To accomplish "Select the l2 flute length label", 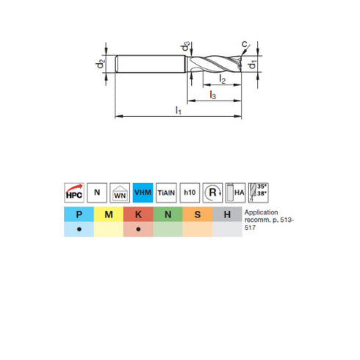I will pyautogui.click(x=223, y=80).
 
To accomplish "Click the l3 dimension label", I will pyautogui.click(x=212, y=95).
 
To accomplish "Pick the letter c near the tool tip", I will pyautogui.click(x=244, y=42).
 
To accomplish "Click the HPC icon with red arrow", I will pyautogui.click(x=73, y=192).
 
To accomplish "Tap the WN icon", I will pyautogui.click(x=120, y=192).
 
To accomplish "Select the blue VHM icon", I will pyautogui.click(x=143, y=192).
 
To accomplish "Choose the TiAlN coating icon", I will pyautogui.click(x=166, y=192).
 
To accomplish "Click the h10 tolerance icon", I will pyautogui.click(x=190, y=192).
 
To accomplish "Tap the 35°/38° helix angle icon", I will pyautogui.click(x=259, y=192).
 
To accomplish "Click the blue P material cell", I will pyautogui.click(x=79, y=215).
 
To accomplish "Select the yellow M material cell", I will pyautogui.click(x=108, y=215).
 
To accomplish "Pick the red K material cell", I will pyautogui.click(x=138, y=215).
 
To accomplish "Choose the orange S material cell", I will pyautogui.click(x=197, y=215).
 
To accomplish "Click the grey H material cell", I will pyautogui.click(x=226, y=215).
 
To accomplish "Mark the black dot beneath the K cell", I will pyautogui.click(x=138, y=229).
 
